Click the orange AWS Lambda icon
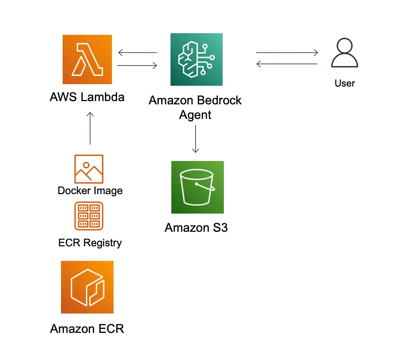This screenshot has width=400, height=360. [x=87, y=59]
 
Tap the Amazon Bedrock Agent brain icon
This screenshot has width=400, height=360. [x=196, y=59]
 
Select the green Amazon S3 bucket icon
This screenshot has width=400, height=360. [x=197, y=187]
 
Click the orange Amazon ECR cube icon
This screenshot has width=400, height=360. [x=87, y=287]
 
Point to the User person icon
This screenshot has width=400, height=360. [x=344, y=54]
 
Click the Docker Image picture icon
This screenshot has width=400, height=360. [x=89, y=169]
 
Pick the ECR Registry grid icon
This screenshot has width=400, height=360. [x=89, y=216]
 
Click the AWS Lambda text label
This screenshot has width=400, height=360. [x=87, y=97]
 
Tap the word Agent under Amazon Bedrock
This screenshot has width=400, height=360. [x=195, y=115]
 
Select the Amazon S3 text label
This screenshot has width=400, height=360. [x=196, y=228]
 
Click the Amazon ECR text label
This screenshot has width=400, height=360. [x=87, y=328]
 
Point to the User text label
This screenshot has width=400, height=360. [x=345, y=83]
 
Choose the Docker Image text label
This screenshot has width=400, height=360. [x=90, y=191]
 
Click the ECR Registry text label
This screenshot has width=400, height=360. [x=90, y=243]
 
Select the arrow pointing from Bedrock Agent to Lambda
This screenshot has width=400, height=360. [x=137, y=53]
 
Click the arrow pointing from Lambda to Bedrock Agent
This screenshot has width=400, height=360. [x=137, y=65]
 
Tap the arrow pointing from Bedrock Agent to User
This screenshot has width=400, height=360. [x=287, y=53]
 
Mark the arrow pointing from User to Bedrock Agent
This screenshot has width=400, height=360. [x=287, y=64]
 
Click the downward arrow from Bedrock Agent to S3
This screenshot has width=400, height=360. [x=196, y=139]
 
